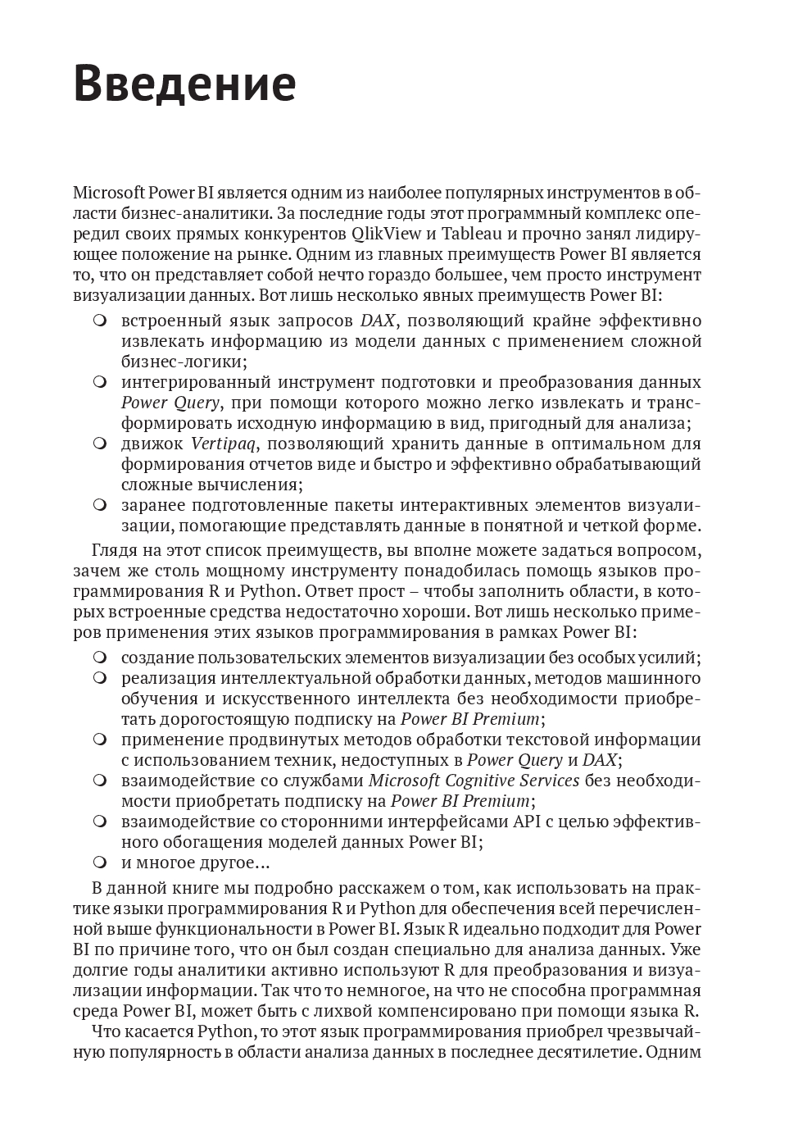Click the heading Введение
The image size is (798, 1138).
coord(184,84)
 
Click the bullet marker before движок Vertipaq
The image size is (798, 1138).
coord(100,444)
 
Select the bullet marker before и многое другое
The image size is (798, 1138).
coord(100,862)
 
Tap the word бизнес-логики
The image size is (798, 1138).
coord(184,362)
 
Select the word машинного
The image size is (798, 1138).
coord(656,678)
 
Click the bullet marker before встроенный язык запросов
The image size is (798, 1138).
coord(100,321)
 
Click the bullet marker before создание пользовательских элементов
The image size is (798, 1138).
coord(100,658)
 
